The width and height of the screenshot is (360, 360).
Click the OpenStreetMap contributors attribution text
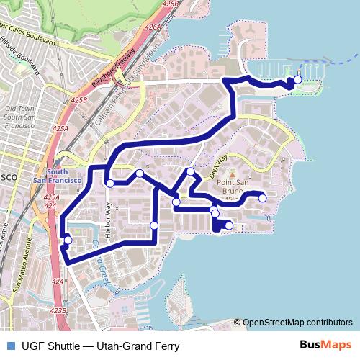point(297,323)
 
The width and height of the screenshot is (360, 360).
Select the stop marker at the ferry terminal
point(298,80)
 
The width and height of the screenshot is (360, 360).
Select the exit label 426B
point(171,4)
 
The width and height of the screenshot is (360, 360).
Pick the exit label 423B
point(59,310)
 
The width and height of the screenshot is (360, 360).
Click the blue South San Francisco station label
point(57,176)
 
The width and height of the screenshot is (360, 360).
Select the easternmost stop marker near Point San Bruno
point(263,198)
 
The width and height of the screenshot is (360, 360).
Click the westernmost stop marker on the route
point(68,240)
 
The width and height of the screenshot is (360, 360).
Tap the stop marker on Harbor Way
point(109,184)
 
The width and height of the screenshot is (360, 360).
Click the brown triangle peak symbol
point(232,173)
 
